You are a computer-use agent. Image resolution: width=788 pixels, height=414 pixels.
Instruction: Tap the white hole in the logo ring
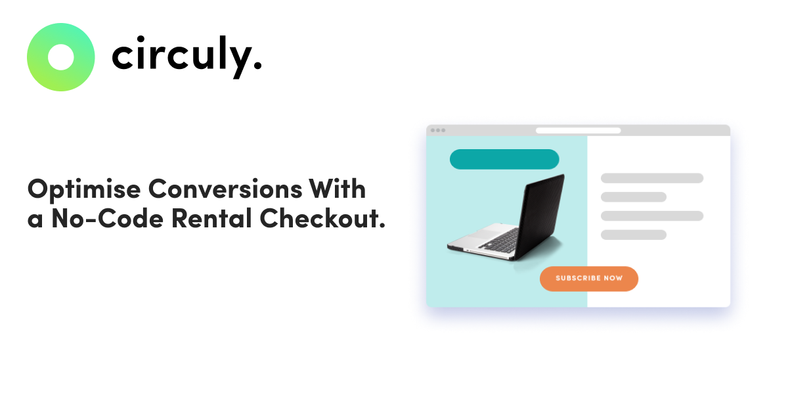click(x=61, y=57)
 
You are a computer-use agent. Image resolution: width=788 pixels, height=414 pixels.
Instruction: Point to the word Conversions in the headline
click(x=225, y=189)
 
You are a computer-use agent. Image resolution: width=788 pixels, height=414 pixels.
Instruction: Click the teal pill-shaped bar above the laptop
click(x=504, y=159)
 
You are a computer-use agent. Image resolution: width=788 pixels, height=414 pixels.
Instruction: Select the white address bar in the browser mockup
click(x=578, y=130)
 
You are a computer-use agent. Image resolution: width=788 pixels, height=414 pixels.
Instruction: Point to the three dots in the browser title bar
click(x=438, y=130)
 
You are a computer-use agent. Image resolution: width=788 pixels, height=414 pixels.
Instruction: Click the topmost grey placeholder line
click(x=652, y=178)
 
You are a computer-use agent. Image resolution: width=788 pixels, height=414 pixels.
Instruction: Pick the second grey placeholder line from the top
click(x=634, y=197)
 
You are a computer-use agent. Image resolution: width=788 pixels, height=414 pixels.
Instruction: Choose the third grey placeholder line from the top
click(x=652, y=216)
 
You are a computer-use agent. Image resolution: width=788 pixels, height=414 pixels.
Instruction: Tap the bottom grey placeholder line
click(x=634, y=235)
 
